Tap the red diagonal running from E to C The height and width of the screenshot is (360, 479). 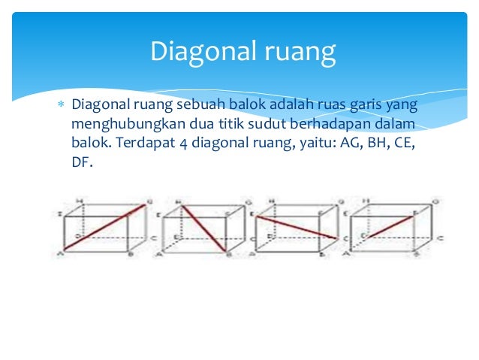297,227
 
